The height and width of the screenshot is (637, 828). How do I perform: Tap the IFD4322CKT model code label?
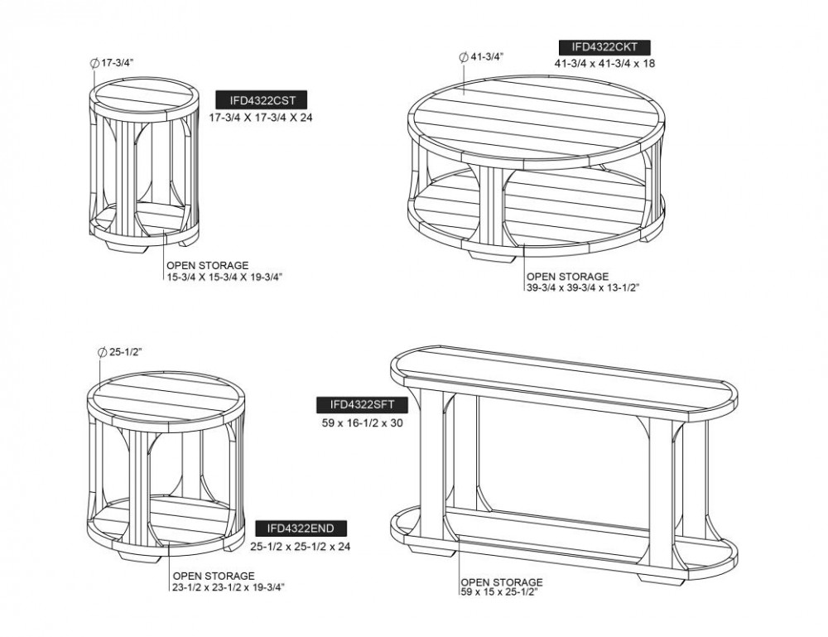click(604, 46)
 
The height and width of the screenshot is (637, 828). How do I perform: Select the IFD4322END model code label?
click(301, 528)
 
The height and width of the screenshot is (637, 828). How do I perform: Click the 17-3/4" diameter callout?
click(115, 63)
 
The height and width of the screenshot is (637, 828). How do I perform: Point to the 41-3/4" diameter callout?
click(486, 57)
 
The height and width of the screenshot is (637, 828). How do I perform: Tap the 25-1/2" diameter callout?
click(125, 352)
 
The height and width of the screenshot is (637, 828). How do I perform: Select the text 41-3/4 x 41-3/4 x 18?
click(604, 63)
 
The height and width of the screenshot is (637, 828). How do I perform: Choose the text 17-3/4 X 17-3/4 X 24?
click(261, 118)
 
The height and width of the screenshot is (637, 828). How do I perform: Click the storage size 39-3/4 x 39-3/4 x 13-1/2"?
click(584, 287)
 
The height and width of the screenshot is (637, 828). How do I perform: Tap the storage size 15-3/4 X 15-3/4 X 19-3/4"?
click(225, 276)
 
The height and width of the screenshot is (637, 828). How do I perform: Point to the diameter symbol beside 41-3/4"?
click(462, 57)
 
